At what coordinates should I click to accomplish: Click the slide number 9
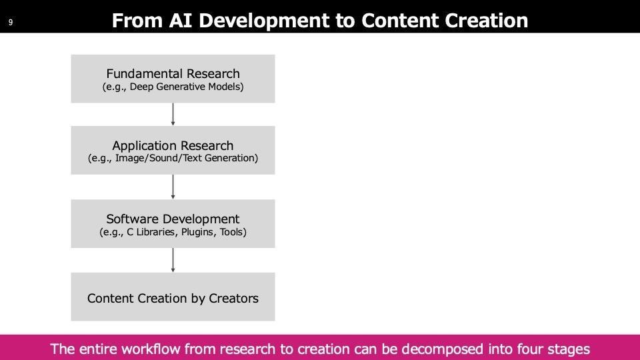tap(11, 23)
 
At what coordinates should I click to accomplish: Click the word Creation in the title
tap(486, 21)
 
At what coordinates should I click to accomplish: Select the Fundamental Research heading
tap(173, 73)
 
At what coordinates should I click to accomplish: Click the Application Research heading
tap(173, 145)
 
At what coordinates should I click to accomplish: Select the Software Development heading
tap(173, 219)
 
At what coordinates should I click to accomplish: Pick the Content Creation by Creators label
tap(173, 299)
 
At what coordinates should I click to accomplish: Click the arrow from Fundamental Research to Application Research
tap(173, 114)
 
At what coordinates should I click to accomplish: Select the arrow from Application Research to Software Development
tap(173, 187)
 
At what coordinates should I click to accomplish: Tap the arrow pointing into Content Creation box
tap(173, 260)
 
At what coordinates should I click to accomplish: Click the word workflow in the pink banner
tap(151, 349)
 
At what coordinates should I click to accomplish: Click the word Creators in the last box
tap(233, 299)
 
